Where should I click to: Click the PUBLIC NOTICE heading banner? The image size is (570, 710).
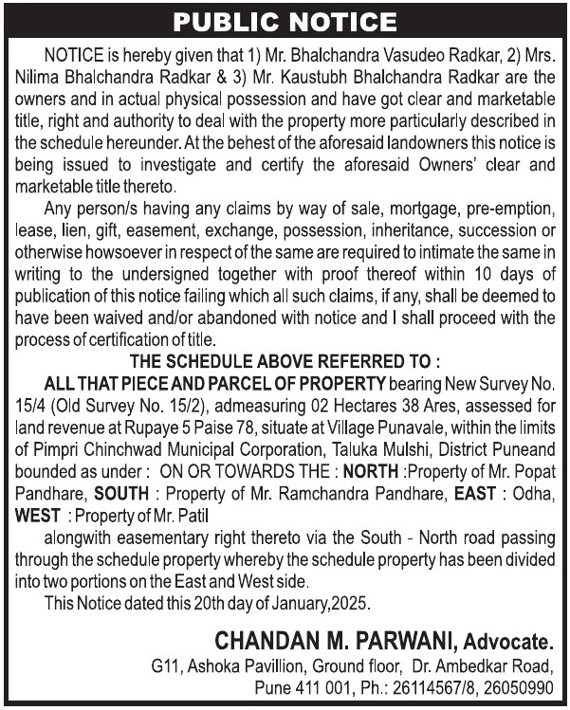pos(285,21)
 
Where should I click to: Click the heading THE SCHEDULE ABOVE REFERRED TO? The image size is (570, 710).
pos(285,361)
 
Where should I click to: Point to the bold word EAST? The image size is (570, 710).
pos(473,493)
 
